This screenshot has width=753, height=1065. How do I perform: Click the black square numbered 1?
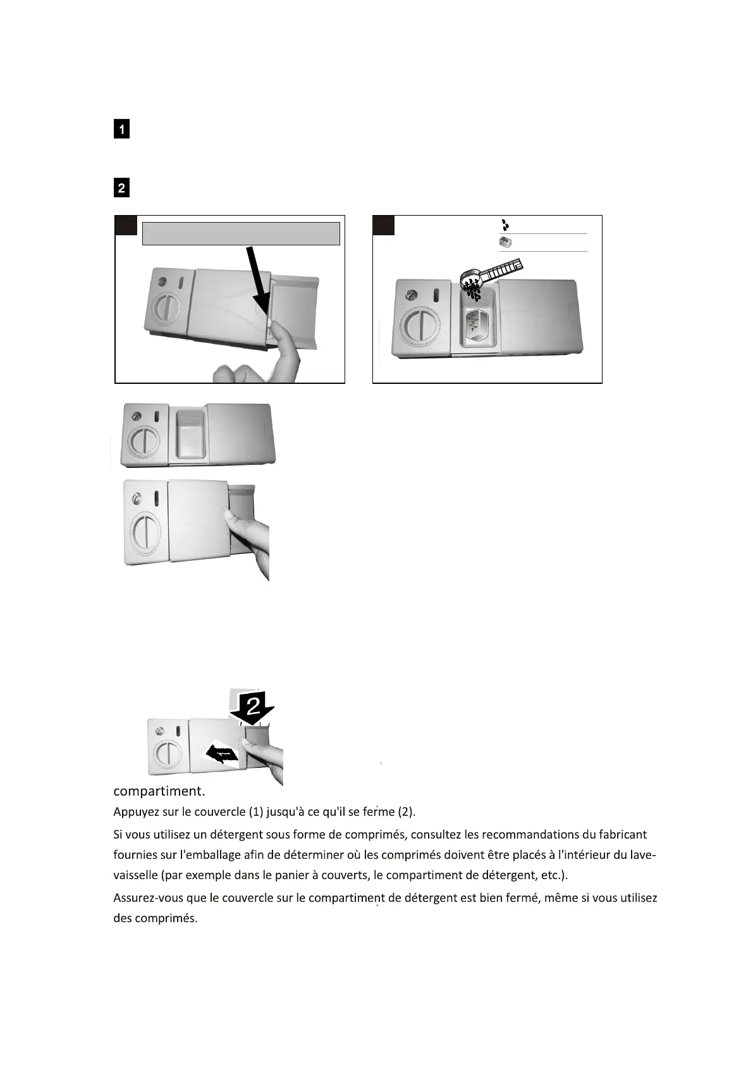point(121,129)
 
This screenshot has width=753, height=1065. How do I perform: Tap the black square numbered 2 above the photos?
point(121,188)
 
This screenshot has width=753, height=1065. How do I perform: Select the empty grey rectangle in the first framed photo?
point(241,233)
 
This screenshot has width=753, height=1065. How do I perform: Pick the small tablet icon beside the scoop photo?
point(505,242)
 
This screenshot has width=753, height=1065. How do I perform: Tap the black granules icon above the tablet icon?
point(505,225)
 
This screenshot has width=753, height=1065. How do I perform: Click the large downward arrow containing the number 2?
point(253,706)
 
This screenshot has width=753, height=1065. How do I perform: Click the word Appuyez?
point(134,812)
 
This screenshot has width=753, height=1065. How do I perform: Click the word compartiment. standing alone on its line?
point(159,791)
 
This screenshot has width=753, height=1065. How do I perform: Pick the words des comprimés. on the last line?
point(156,918)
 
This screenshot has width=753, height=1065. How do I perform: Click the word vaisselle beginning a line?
point(135,875)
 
